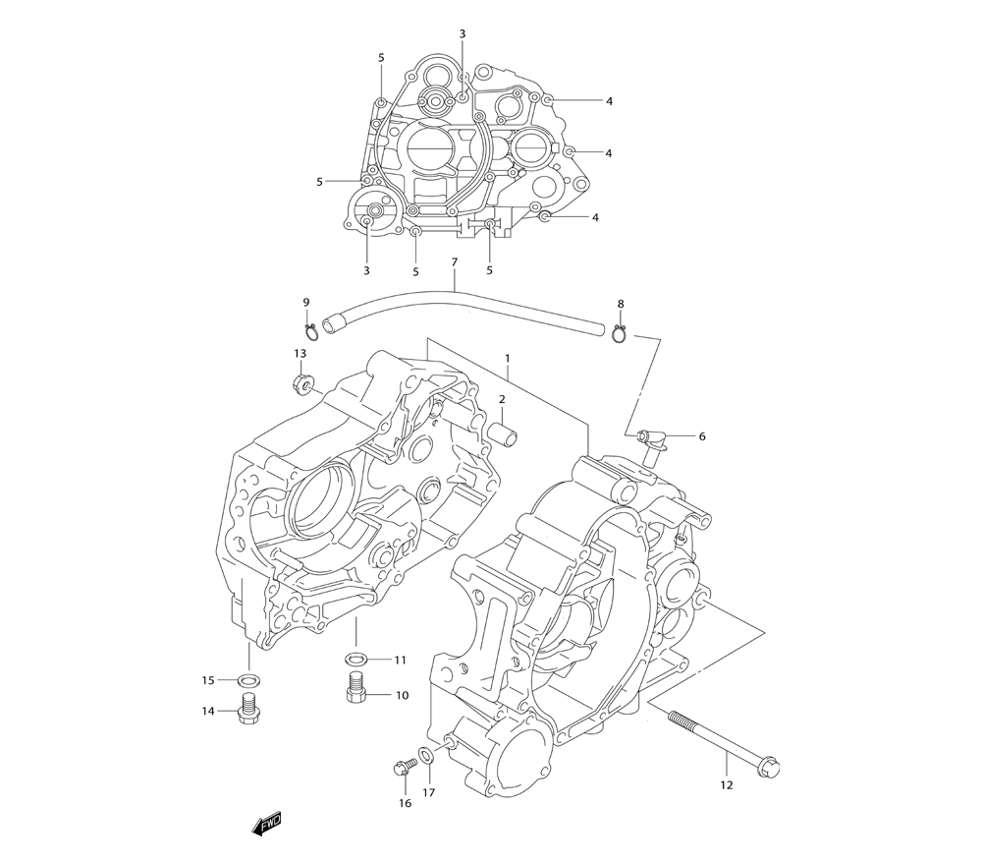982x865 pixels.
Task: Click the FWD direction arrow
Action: (x=267, y=824)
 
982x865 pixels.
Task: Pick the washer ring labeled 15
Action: (x=248, y=680)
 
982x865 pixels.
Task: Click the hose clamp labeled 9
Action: (x=309, y=330)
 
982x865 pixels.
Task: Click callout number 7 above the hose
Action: (x=455, y=262)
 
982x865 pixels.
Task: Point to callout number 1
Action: (x=508, y=359)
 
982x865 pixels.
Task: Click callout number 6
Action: (x=702, y=436)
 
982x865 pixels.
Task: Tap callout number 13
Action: (x=300, y=353)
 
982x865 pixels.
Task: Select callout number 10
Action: (x=402, y=695)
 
